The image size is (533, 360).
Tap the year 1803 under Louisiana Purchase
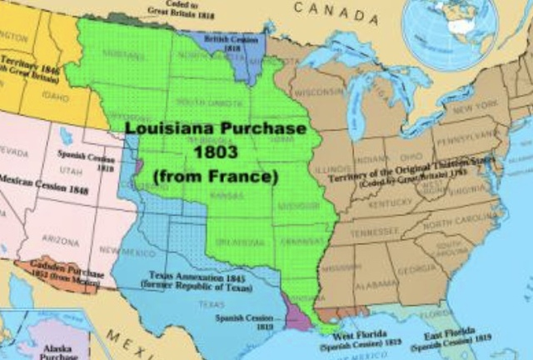(205, 153)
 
